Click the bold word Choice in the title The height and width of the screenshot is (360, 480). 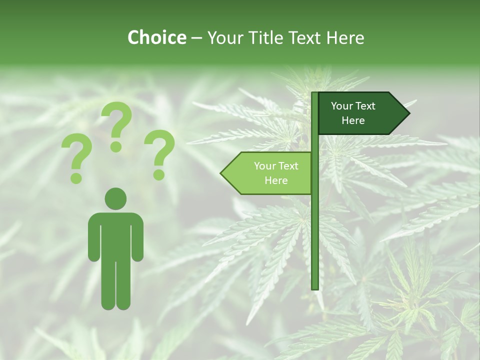pyautogui.click(x=156, y=38)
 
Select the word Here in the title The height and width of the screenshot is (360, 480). pyautogui.click(x=345, y=38)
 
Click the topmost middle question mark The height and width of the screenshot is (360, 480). pyautogui.click(x=117, y=125)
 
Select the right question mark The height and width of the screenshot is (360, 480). pyautogui.click(x=159, y=154)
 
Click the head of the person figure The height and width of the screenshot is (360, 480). pyautogui.click(x=115, y=198)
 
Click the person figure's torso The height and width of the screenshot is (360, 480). pyautogui.click(x=115, y=235)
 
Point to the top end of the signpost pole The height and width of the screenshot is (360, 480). pyautogui.click(x=315, y=94)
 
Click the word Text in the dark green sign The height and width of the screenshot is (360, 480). pyautogui.click(x=365, y=106)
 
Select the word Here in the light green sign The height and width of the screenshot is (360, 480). pyautogui.click(x=276, y=180)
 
